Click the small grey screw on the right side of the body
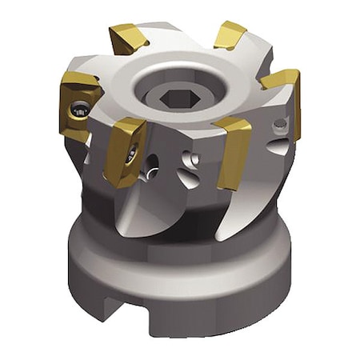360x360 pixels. (x=279, y=125)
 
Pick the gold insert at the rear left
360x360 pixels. (x=129, y=38)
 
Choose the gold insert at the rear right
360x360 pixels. (x=230, y=34)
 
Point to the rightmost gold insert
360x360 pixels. (x=283, y=92)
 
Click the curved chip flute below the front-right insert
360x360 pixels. (x=232, y=212)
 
